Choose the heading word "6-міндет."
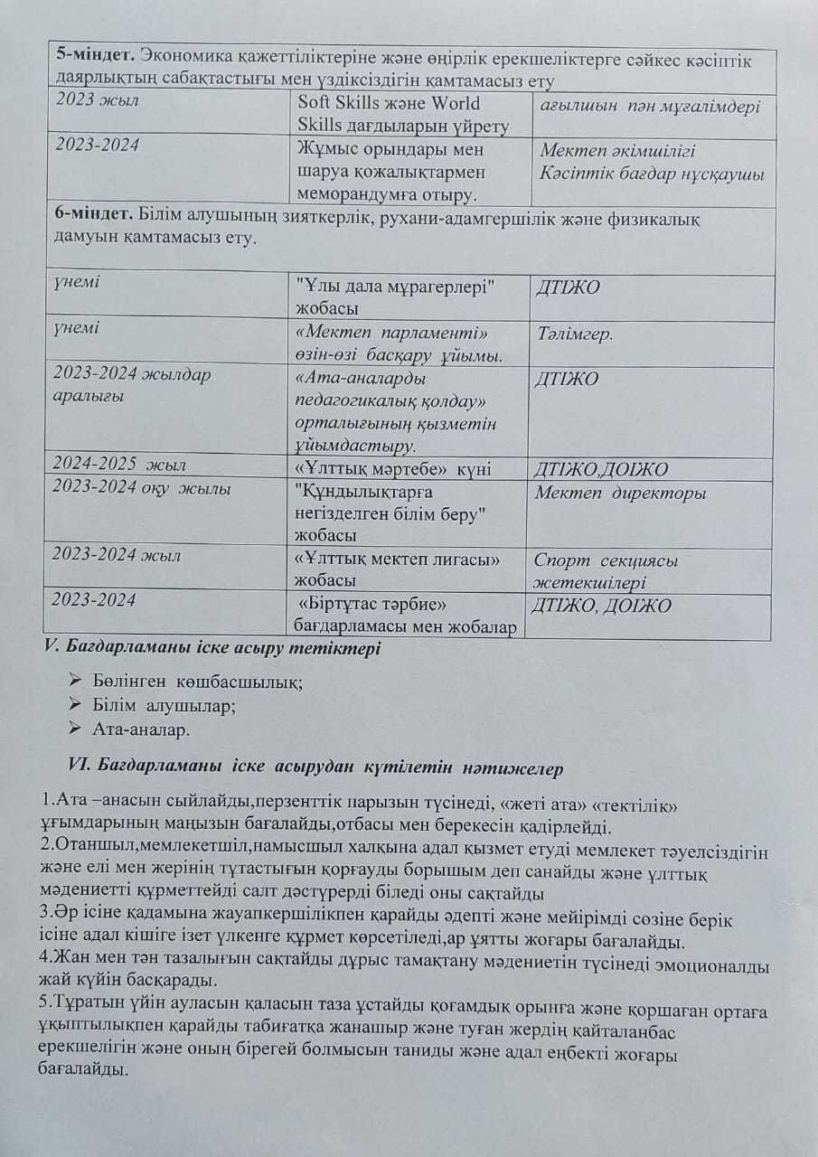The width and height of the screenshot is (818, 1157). coord(89,219)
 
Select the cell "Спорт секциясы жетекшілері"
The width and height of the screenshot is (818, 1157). coord(606,571)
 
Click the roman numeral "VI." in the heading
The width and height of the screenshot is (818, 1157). coord(85,768)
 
